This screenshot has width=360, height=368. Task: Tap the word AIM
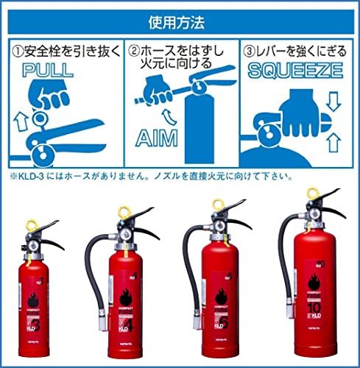(158, 138)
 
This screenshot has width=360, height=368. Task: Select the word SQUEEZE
(294, 71)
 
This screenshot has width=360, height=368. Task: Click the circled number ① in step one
(15, 52)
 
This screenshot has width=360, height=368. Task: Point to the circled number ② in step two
(135, 52)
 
